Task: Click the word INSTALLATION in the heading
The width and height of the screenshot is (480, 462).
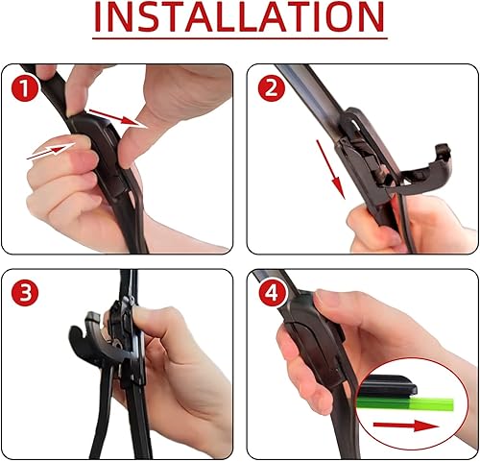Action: (239, 18)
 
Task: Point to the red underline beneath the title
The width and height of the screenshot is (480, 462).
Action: (239, 41)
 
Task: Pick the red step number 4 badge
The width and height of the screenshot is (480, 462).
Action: (272, 292)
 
